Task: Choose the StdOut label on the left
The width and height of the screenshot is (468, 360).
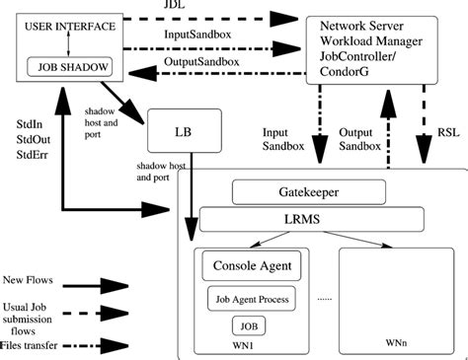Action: (29, 140)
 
